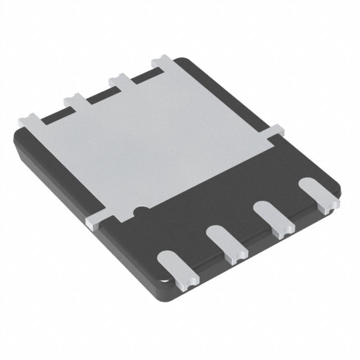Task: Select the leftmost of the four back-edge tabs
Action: click(x=29, y=120)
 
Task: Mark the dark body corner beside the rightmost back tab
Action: click(x=186, y=64)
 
